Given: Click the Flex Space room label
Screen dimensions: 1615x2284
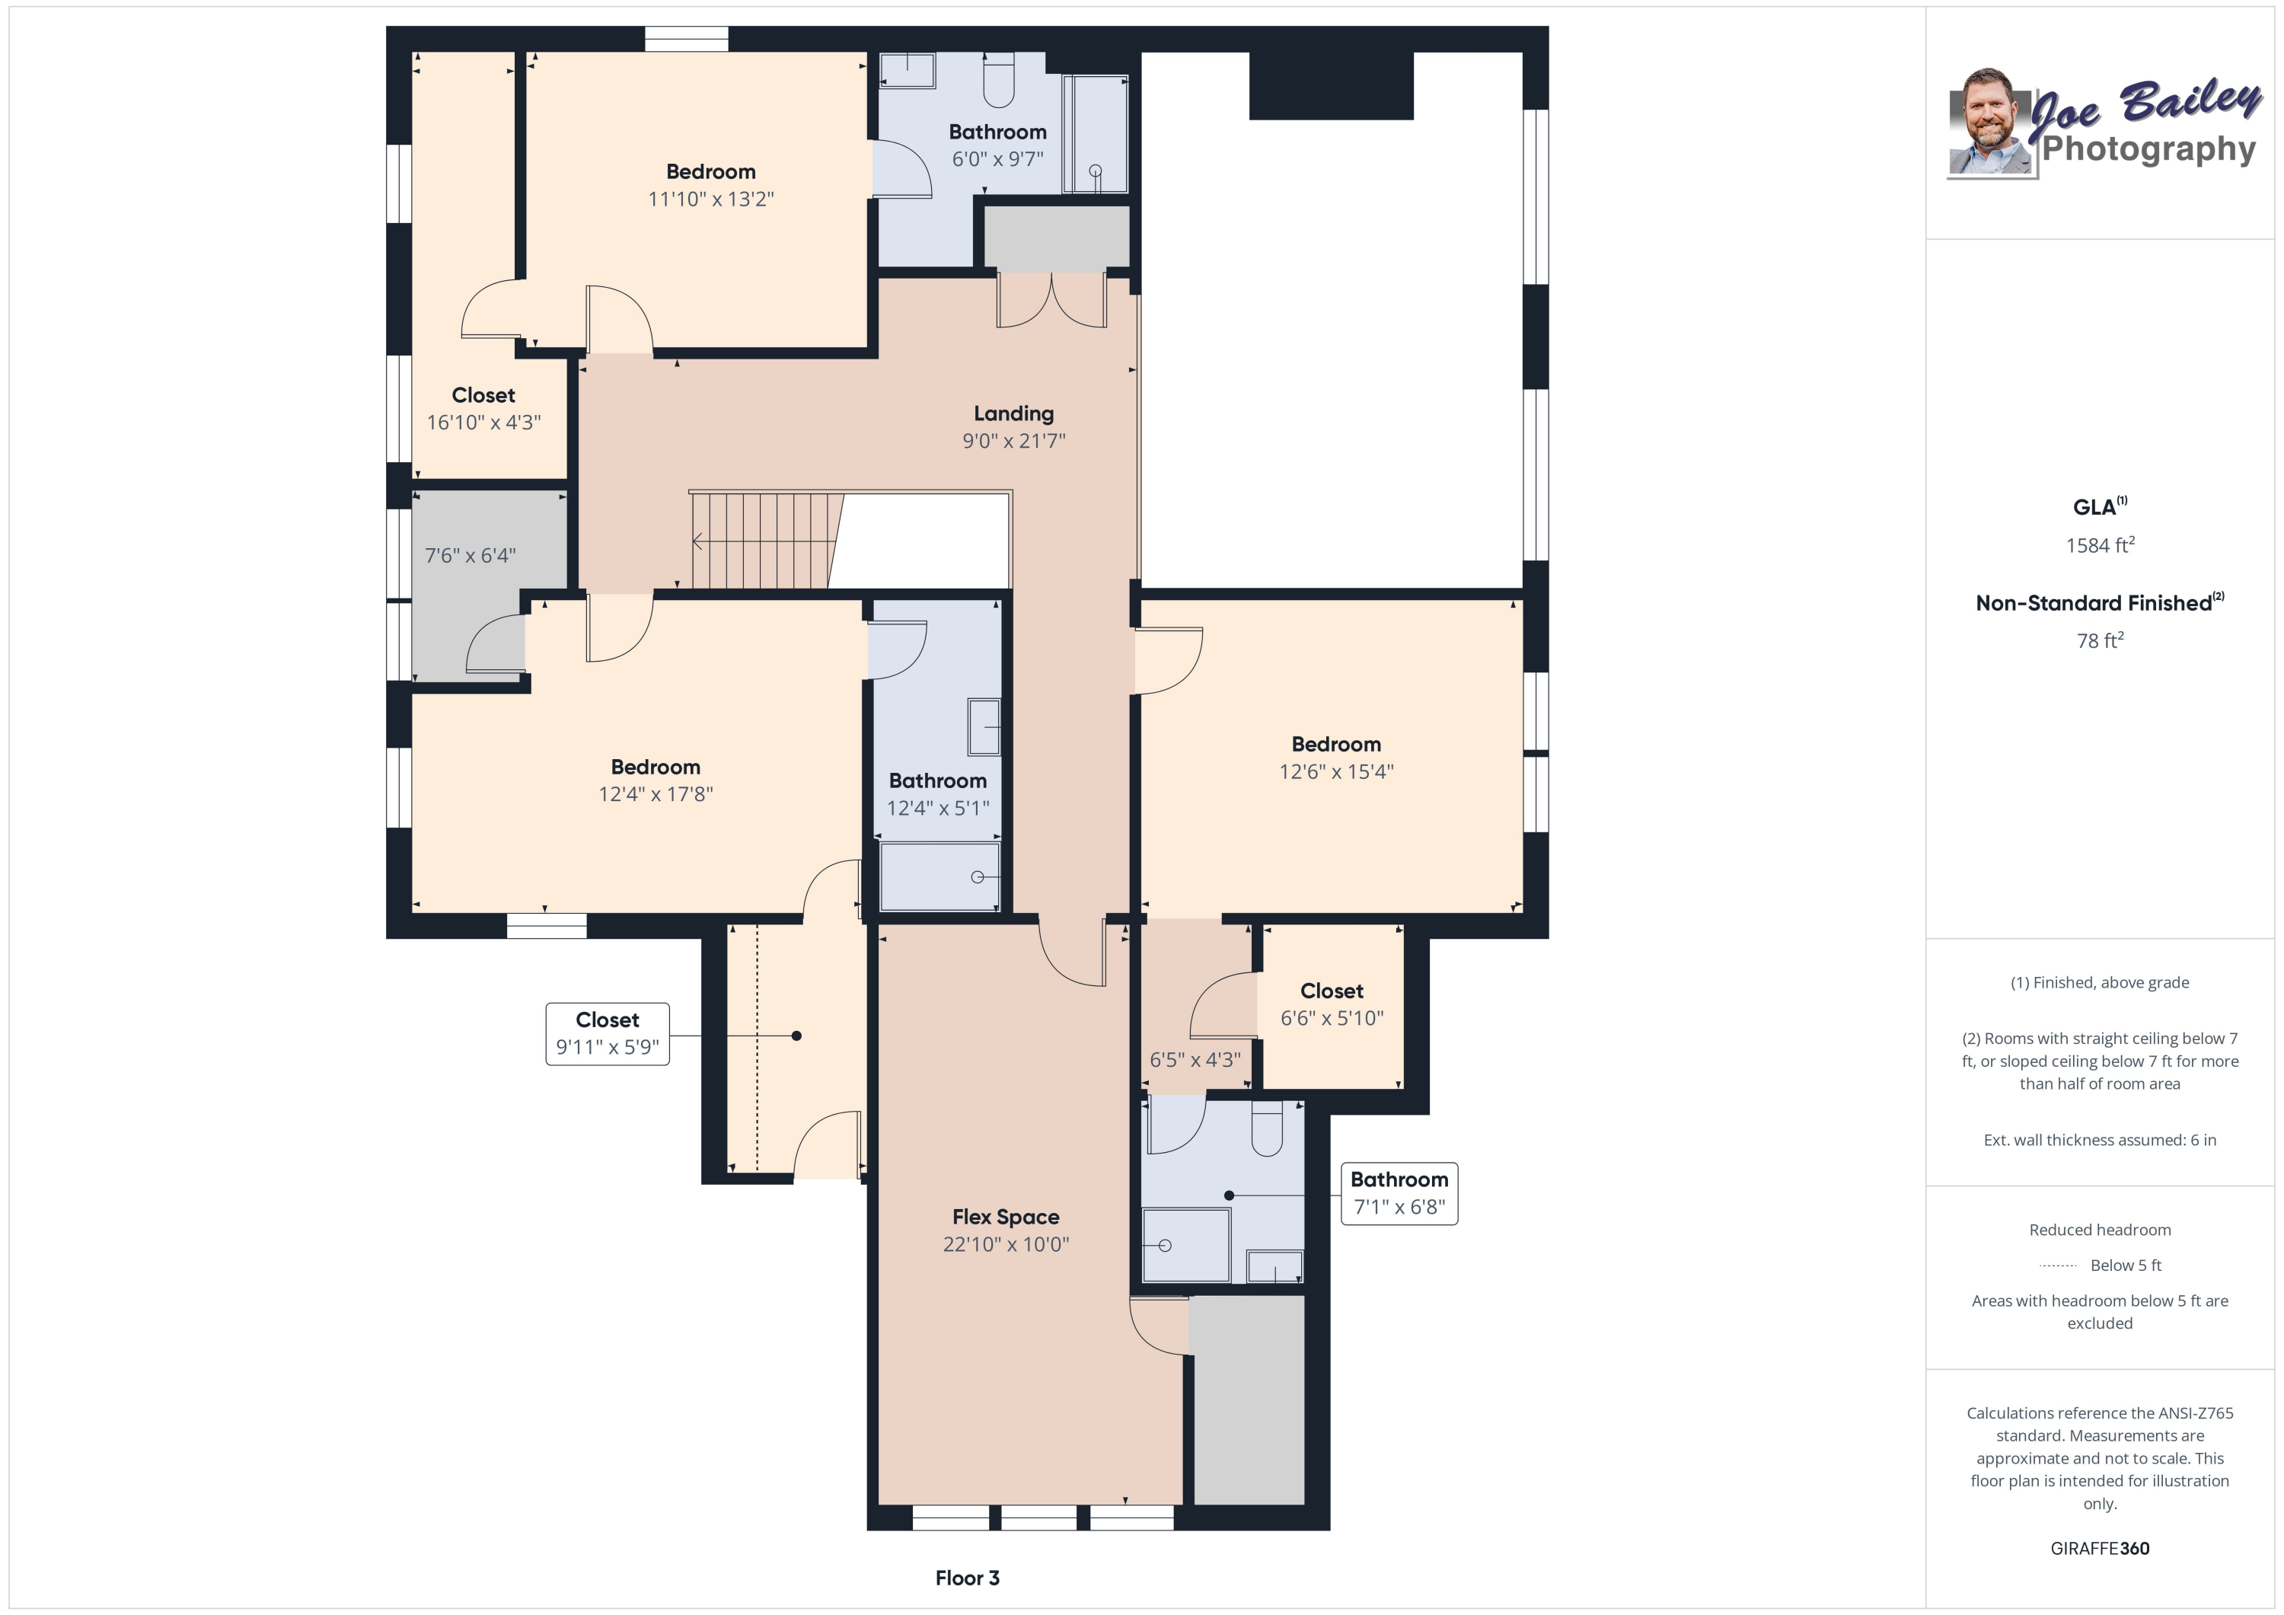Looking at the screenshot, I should [1005, 1216].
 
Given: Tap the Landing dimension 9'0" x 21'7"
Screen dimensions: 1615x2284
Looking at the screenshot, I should [1013, 441].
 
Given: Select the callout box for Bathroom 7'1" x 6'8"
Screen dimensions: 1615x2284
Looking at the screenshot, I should [1398, 1192].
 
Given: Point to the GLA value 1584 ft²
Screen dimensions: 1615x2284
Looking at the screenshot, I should [2099, 545].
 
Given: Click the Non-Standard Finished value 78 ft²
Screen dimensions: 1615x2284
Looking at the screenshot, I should [2099, 641].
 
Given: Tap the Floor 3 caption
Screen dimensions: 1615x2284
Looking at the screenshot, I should [966, 1577].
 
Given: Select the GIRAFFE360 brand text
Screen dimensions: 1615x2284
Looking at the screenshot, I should [2099, 1548].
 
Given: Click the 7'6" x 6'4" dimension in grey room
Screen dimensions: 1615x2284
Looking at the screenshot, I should [470, 555].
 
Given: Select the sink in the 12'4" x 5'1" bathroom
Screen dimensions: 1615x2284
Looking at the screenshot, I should [984, 726].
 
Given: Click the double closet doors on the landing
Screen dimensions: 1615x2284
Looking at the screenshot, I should [1051, 301].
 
